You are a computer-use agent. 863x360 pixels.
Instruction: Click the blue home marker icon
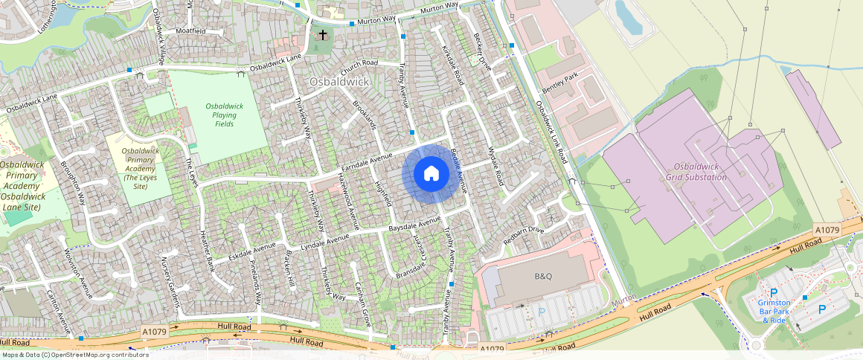(431, 174)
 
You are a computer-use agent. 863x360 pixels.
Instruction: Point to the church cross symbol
(323, 35)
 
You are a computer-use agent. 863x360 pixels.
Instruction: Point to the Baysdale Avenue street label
(415, 225)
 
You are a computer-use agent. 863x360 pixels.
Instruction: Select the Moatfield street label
(190, 31)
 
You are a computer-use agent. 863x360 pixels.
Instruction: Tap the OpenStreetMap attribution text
(74, 355)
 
